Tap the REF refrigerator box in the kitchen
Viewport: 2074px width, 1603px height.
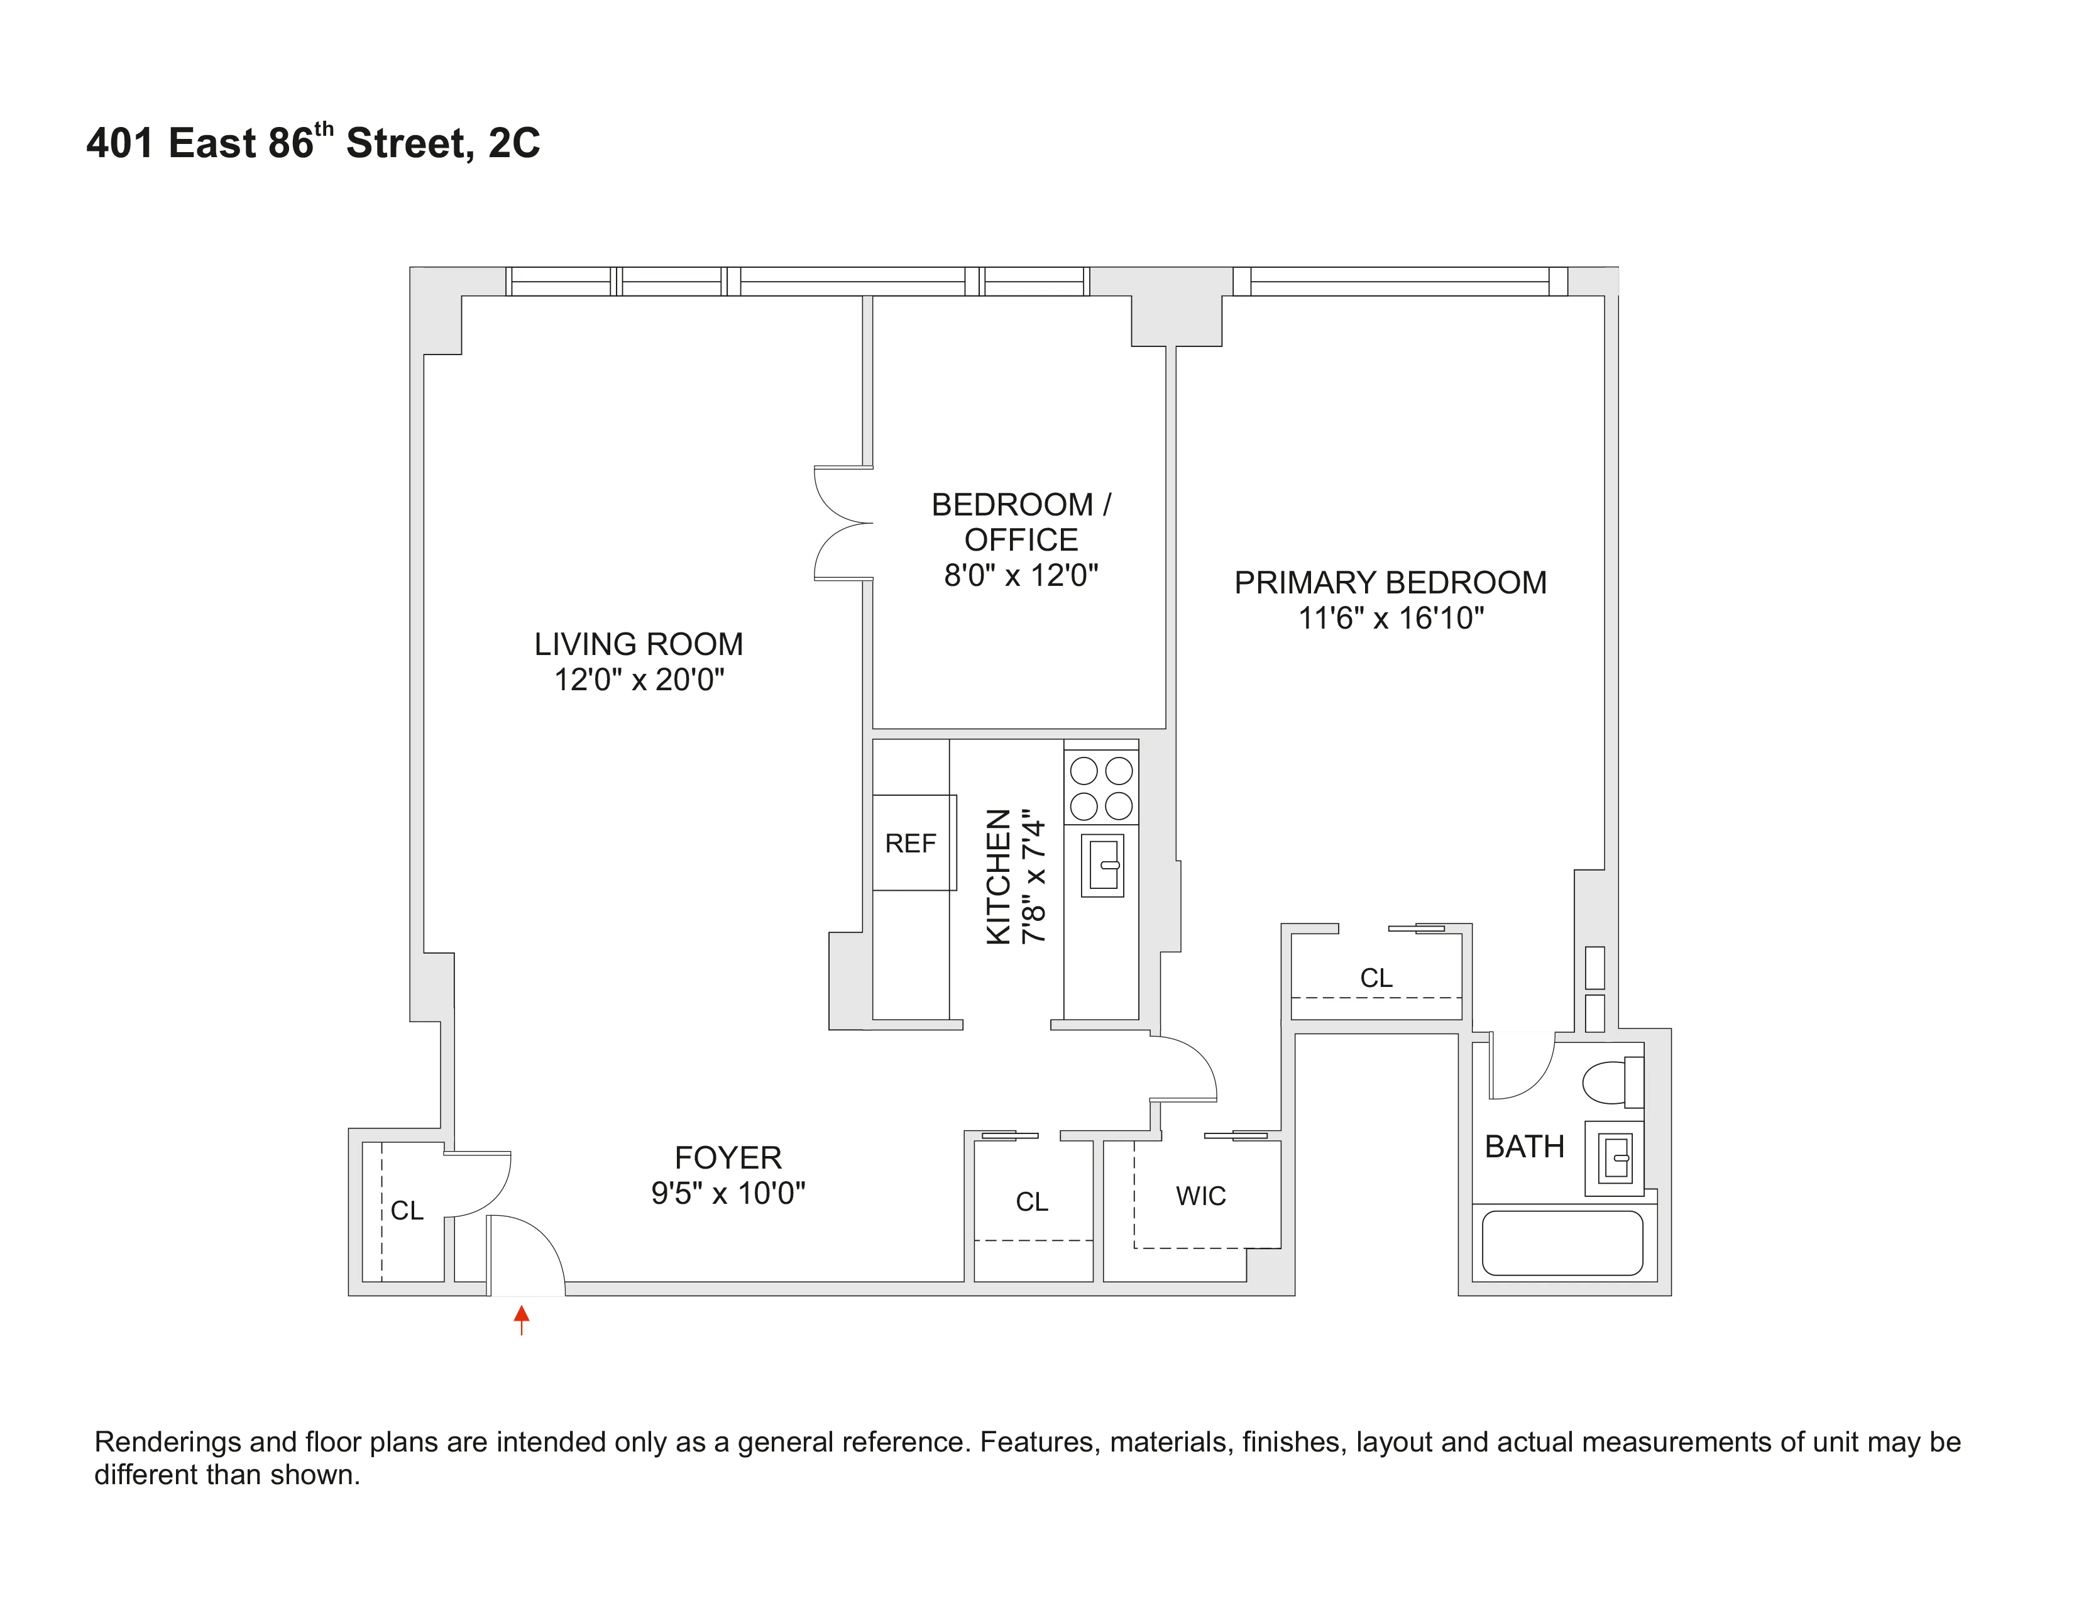point(913,842)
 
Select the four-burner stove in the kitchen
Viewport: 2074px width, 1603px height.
point(1102,787)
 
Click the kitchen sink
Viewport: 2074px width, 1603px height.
point(1102,864)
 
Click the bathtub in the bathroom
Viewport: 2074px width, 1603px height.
point(1562,1242)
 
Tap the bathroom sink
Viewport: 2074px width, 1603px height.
point(1615,1159)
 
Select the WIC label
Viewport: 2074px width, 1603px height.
point(1200,1196)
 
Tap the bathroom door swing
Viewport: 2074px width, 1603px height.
point(1522,1066)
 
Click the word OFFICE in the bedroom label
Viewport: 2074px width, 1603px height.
point(1021,539)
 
